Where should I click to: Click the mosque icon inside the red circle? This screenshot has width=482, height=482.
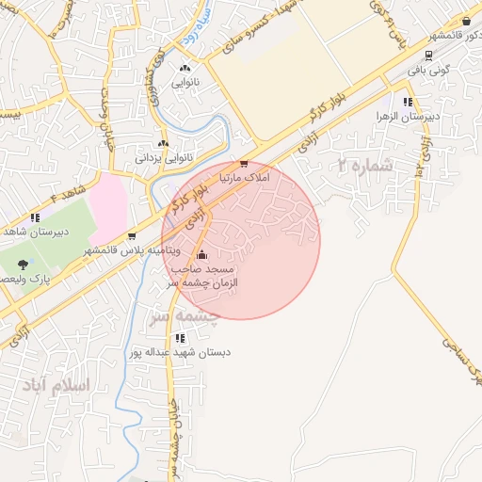click(x=201, y=254)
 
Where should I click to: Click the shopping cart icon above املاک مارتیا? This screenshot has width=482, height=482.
click(x=244, y=163)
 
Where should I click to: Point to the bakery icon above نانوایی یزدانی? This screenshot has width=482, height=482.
click(x=164, y=143)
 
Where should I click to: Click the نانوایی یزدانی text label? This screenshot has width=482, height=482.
click(x=165, y=157)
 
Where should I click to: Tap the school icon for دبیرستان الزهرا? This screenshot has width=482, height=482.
click(x=408, y=102)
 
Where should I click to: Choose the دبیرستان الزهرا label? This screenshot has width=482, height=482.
click(x=408, y=117)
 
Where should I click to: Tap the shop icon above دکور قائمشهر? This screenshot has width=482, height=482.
click(x=466, y=21)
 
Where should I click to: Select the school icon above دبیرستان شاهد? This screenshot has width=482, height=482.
click(x=35, y=217)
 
